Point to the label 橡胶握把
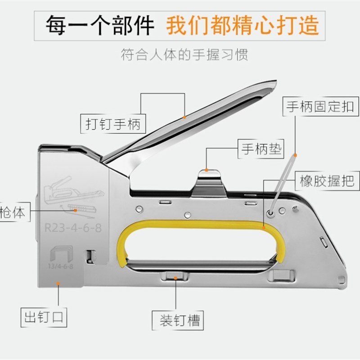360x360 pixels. (x=327, y=180)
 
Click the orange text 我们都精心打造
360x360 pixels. (x=243, y=26)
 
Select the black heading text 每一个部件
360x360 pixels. (x=99, y=26)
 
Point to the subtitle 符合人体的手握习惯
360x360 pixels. (x=184, y=55)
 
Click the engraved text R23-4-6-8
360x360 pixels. (x=73, y=228)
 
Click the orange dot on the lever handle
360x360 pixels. (x=184, y=117)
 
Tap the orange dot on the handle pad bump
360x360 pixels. (x=207, y=170)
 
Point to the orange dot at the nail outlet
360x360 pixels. (x=58, y=282)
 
